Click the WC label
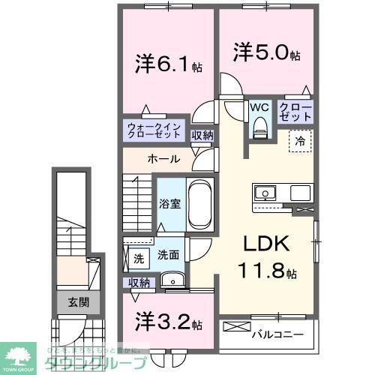click(x=260, y=107)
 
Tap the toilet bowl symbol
click(x=260, y=129)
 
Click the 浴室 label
click(x=168, y=202)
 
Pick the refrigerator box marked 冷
click(x=298, y=139)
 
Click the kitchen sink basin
click(x=265, y=193)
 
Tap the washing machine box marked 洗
click(x=138, y=258)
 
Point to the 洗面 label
click(x=167, y=255)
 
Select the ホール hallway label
click(x=163, y=159)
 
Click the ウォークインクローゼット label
click(x=153, y=130)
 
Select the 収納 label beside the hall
click(x=202, y=136)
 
